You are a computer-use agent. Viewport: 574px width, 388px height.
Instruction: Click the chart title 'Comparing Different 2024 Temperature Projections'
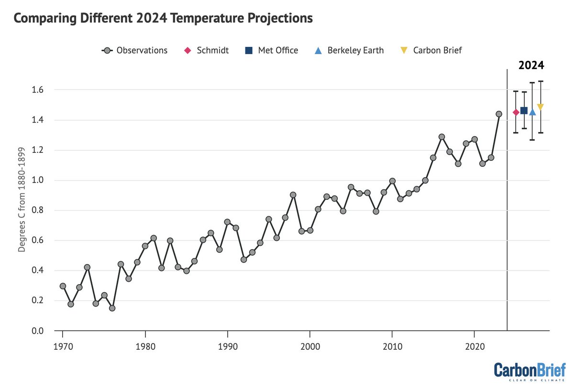(163, 19)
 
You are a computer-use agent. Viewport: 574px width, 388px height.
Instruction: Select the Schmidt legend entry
(206, 50)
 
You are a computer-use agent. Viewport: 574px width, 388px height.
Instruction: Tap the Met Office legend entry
(271, 50)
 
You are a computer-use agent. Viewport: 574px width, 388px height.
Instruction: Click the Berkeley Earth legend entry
(349, 50)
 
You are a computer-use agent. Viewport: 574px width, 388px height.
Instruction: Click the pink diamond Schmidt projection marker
(516, 112)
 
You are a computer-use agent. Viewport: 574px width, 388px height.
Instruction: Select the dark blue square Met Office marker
(524, 111)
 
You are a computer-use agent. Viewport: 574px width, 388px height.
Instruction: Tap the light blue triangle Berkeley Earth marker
(532, 112)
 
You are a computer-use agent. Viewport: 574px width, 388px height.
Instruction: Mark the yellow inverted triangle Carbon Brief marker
(541, 107)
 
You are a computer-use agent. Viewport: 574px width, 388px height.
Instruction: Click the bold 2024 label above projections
(531, 66)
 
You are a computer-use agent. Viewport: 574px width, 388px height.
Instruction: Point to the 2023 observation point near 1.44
(499, 114)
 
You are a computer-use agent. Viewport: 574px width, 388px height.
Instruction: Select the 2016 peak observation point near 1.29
(442, 137)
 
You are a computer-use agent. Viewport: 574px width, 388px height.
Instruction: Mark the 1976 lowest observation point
(112, 308)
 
